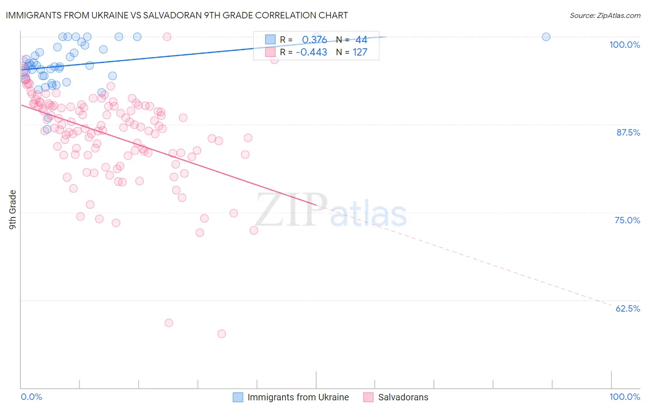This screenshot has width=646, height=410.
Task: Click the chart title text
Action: click(x=176, y=15)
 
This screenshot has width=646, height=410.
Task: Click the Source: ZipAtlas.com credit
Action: click(x=605, y=15)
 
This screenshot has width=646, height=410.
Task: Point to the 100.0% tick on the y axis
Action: click(x=624, y=45)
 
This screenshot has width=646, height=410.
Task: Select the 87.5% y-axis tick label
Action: click(x=628, y=132)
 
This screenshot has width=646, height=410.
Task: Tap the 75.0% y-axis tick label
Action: click(x=627, y=220)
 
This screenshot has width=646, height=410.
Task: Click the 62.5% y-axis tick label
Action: click(x=628, y=308)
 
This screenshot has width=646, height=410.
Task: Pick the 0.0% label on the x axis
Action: click(x=31, y=397)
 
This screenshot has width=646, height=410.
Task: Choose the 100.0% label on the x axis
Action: click(x=624, y=397)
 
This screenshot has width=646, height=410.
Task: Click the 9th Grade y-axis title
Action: click(x=13, y=210)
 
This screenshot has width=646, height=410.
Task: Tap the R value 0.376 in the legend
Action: click(x=314, y=40)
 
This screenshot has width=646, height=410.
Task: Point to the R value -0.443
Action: click(x=312, y=52)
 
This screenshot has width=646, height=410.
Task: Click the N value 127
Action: click(x=360, y=52)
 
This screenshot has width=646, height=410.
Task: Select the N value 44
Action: click(x=361, y=40)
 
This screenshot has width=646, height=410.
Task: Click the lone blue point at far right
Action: click(x=546, y=37)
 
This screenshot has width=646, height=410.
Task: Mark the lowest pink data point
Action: click(x=221, y=334)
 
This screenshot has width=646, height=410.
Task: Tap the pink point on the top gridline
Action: click(x=167, y=37)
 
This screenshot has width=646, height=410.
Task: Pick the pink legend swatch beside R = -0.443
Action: click(x=270, y=52)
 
